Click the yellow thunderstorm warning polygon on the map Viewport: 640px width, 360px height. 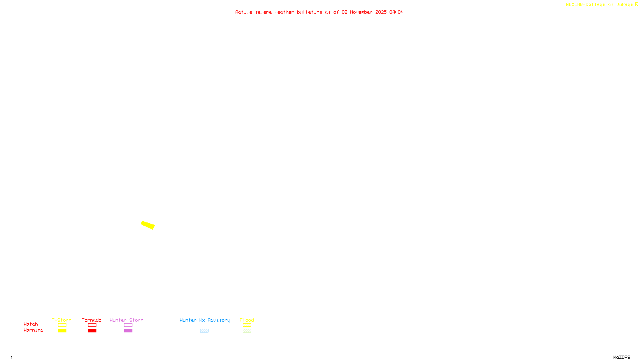(x=148, y=225)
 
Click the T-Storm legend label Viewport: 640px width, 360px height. (x=62, y=320)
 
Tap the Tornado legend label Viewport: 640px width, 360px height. (x=92, y=320)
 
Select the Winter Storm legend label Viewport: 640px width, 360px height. (x=126, y=320)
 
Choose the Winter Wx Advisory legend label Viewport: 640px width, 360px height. (x=205, y=320)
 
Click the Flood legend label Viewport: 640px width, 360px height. (x=247, y=320)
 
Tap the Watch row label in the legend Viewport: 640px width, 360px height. (x=31, y=324)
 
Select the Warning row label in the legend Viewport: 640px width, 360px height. (x=34, y=330)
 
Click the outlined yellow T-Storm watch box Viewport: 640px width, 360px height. (x=62, y=325)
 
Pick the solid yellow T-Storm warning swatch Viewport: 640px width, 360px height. (x=62, y=331)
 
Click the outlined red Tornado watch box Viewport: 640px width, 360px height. (x=92, y=325)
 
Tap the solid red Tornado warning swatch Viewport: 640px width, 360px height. (x=92, y=331)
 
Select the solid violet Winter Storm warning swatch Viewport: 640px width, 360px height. (x=128, y=331)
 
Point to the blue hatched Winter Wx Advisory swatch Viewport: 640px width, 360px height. (x=204, y=331)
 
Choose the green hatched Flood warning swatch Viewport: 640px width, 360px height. (x=247, y=331)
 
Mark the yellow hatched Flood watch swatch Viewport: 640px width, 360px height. (x=247, y=325)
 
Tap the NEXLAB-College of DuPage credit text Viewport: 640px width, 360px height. (x=600, y=5)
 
